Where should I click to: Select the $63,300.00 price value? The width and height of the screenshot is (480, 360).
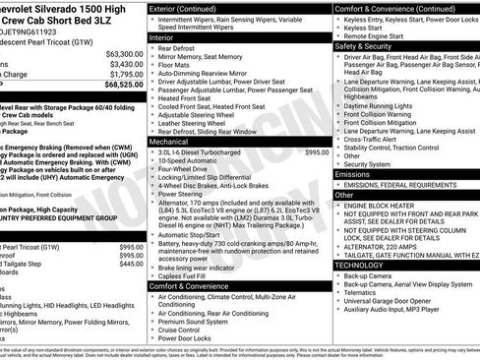point(124,54)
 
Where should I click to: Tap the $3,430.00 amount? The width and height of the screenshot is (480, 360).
point(125,64)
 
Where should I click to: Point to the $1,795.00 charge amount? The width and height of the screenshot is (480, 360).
point(125,74)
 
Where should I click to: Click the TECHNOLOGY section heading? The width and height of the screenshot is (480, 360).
point(360,265)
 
